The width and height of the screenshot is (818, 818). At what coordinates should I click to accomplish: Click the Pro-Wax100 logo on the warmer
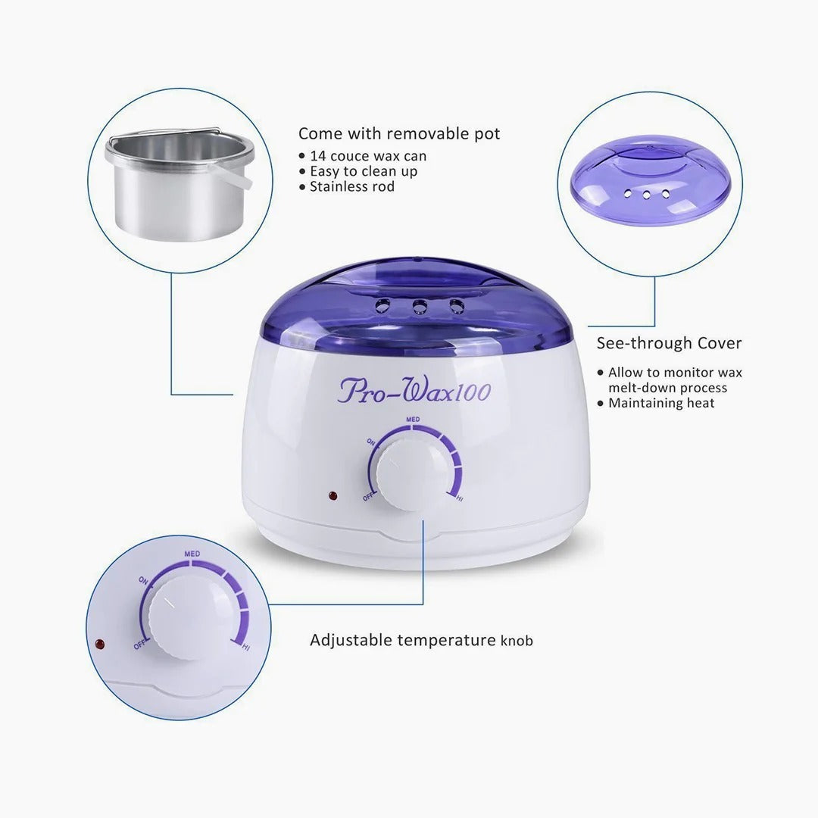tap(414, 392)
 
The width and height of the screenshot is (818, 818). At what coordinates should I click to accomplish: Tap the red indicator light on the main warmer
tap(332, 497)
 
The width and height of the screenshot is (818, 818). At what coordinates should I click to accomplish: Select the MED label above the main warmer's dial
tap(413, 419)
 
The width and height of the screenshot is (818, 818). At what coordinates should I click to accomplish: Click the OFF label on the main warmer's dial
tap(368, 497)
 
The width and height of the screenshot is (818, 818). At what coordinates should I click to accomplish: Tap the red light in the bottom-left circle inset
tap(98, 645)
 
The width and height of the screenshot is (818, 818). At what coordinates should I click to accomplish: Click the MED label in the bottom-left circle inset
tap(191, 554)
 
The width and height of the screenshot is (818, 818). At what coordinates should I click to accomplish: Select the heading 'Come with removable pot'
tap(399, 134)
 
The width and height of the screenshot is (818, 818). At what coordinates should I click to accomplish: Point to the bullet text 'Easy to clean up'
tap(364, 171)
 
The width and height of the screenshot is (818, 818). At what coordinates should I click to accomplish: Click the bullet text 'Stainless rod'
tap(352, 186)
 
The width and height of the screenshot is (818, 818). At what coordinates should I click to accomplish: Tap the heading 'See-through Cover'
tap(669, 343)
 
